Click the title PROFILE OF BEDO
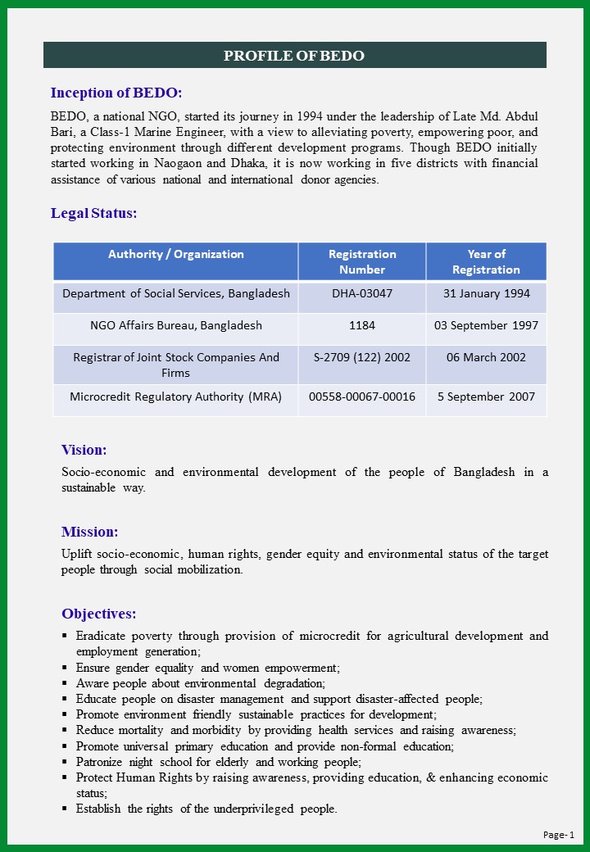[x=294, y=56]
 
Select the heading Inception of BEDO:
[x=116, y=93]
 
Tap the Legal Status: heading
[x=94, y=213]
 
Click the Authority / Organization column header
[x=176, y=254]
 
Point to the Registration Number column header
[x=362, y=261]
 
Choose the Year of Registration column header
[x=486, y=261]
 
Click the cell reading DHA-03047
[x=362, y=293]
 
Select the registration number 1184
[x=362, y=325]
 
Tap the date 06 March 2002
[x=486, y=357]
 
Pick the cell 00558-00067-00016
[x=362, y=397]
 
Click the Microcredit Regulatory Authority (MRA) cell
[x=176, y=397]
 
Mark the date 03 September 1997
[x=486, y=325]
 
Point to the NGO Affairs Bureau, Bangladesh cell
[x=176, y=325]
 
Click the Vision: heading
[x=84, y=450]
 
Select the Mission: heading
[x=90, y=532]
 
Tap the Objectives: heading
[x=99, y=614]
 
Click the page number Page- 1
[x=559, y=835]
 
